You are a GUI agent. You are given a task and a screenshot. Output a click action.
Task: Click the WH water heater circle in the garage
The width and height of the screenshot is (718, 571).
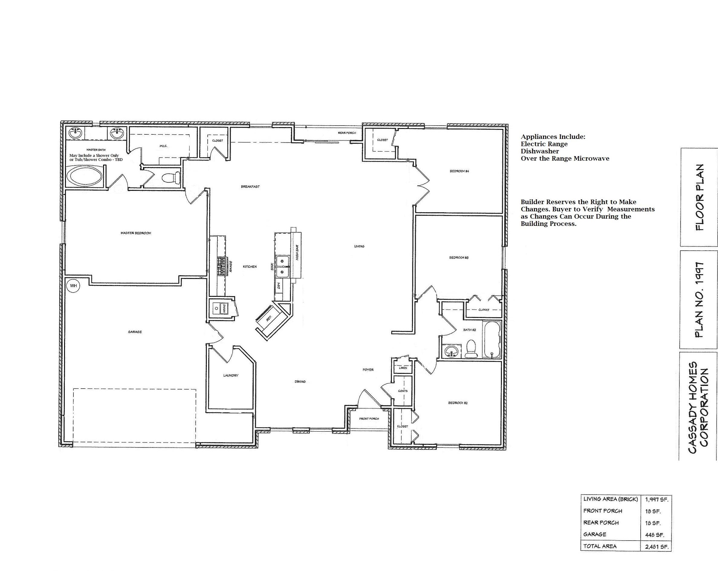pos(73,286)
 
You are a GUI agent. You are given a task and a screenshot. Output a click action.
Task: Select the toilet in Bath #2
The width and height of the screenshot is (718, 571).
pos(471,348)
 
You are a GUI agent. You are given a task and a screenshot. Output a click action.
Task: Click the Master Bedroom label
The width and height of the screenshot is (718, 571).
pos(136,233)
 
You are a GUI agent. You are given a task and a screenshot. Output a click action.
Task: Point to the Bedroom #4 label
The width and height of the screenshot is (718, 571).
pos(459,171)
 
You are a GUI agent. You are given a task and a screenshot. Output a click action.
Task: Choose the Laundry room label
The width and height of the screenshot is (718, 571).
pos(231,375)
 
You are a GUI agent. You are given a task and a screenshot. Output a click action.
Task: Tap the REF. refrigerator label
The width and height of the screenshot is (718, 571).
pos(269,318)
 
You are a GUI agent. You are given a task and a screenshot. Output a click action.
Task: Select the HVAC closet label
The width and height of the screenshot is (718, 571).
pos(224,309)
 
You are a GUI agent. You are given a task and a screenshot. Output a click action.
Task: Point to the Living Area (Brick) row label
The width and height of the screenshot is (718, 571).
pos(610,499)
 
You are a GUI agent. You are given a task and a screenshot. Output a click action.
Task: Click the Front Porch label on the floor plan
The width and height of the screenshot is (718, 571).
pos(369,419)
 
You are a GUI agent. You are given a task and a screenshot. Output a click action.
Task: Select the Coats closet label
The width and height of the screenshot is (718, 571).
pos(403,391)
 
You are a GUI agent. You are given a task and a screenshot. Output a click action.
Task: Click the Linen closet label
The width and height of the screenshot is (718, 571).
pos(403,368)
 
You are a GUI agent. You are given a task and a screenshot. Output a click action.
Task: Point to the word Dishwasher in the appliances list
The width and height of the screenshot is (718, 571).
pos(540,151)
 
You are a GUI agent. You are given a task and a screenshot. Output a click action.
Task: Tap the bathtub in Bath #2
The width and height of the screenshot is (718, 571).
pos(492,339)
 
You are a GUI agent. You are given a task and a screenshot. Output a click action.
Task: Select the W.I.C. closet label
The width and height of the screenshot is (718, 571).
pos(164,146)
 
